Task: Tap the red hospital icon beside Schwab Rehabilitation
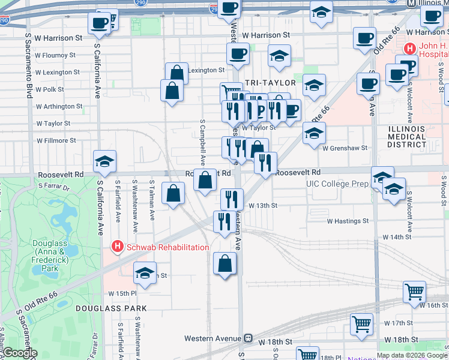pyautogui.click(x=118, y=247)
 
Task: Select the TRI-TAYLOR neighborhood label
pyautogui.click(x=270, y=82)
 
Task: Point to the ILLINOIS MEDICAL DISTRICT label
pyautogui.click(x=406, y=137)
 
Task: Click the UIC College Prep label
pyautogui.click(x=337, y=184)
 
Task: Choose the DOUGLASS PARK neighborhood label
pyautogui.click(x=111, y=308)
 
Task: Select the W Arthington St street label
pyautogui.click(x=59, y=106)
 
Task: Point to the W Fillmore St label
pyautogui.click(x=56, y=140)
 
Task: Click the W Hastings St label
pyautogui.click(x=348, y=221)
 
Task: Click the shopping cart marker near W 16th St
pyautogui.click(x=415, y=292)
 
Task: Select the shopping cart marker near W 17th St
pyautogui.click(x=362, y=324)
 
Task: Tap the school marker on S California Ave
pyautogui.click(x=104, y=161)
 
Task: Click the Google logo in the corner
pyautogui.click(x=20, y=353)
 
